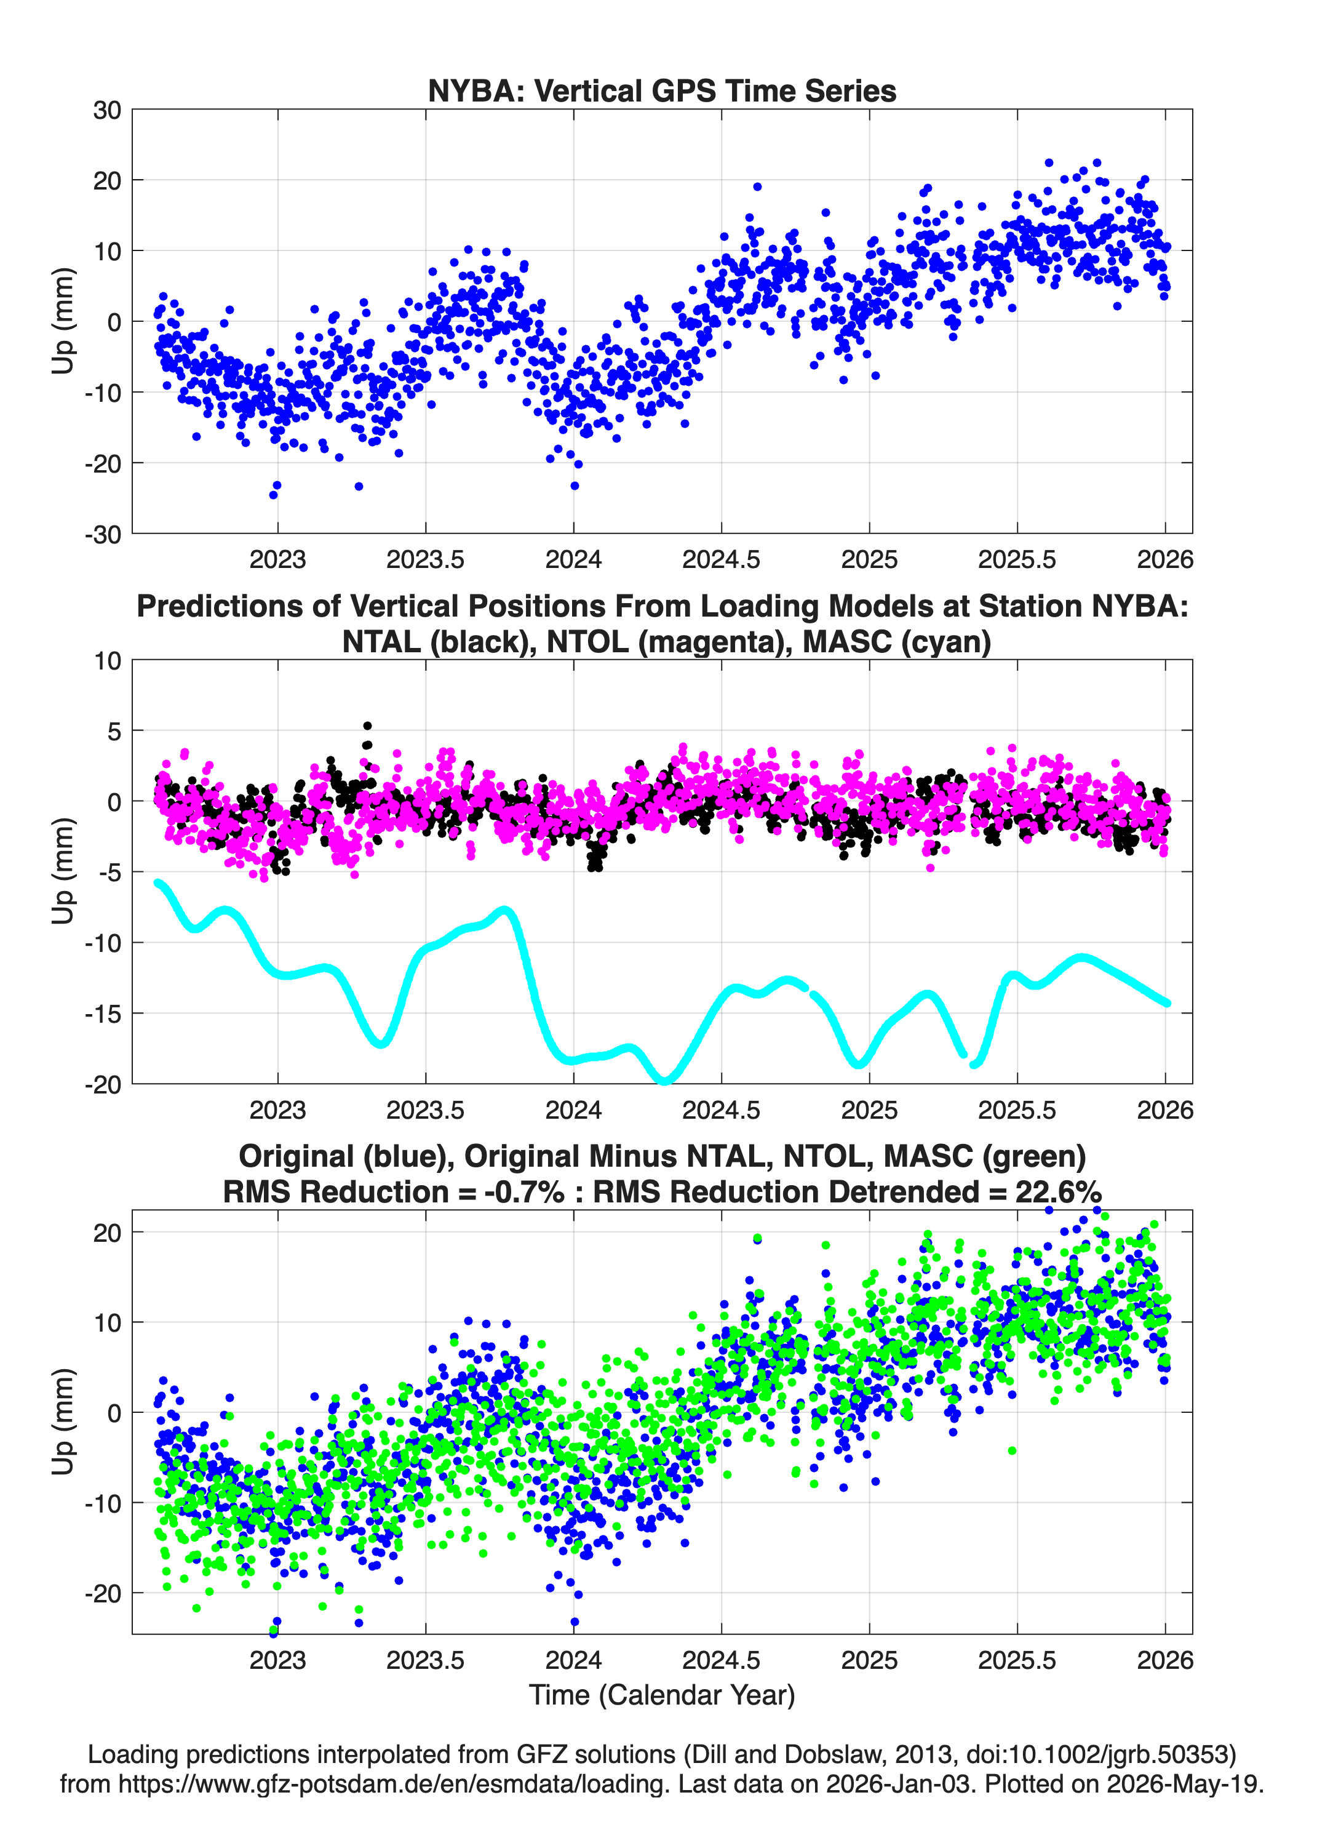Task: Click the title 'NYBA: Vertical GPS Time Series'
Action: click(662, 90)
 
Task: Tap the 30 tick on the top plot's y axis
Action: click(107, 110)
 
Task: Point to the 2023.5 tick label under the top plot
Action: click(426, 559)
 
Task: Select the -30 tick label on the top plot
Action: click(103, 534)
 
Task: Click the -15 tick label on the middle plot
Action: click(103, 1013)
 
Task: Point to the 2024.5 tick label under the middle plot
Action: click(722, 1109)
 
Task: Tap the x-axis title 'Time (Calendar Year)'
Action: click(662, 1694)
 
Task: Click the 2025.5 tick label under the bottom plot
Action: click(1017, 1660)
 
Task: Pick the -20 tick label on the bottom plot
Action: click(103, 1593)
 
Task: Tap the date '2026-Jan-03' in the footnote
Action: click(898, 1783)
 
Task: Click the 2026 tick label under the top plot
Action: click(1166, 559)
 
